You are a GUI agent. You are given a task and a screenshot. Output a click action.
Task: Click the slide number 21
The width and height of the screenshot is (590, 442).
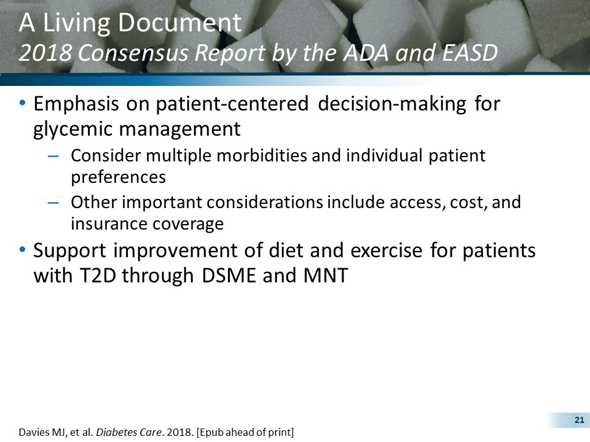click(x=578, y=420)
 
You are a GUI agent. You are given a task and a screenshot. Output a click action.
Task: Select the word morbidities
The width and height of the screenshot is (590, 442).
click(x=258, y=156)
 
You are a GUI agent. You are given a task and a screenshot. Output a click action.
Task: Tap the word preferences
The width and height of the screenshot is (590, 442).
click(x=118, y=177)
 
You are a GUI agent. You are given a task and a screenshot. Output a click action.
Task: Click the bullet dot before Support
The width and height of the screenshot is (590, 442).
click(x=23, y=251)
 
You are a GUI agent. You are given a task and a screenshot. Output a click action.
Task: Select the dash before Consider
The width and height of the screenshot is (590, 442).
click(x=53, y=156)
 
